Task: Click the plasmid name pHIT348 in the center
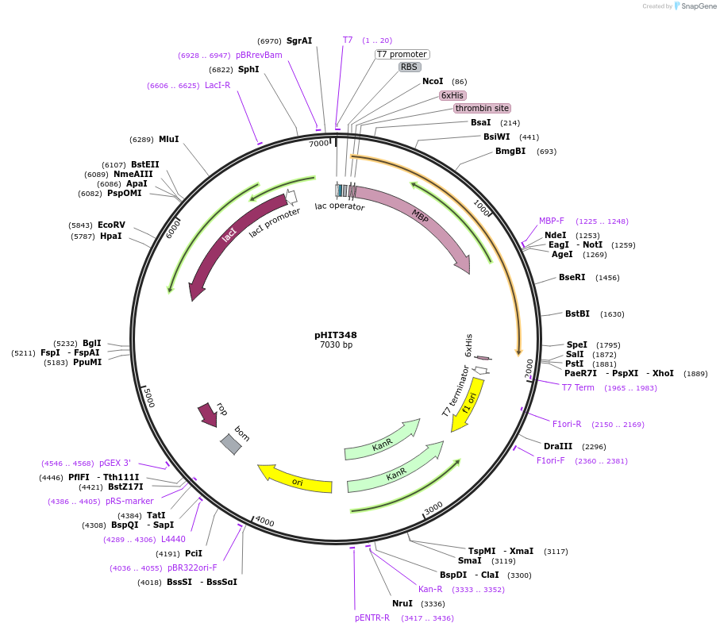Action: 336,335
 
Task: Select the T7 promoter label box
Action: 402,54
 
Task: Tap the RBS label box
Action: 410,67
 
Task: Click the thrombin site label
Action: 482,108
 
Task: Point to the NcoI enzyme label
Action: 433,81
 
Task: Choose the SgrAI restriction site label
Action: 299,40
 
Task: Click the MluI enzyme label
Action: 168,139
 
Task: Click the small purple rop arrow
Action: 209,414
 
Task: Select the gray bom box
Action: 230,444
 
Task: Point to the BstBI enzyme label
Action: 577,314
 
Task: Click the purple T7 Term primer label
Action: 578,387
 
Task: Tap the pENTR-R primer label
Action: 372,618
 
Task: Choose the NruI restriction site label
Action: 402,603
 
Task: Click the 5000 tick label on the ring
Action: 148,397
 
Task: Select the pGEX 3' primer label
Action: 115,463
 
